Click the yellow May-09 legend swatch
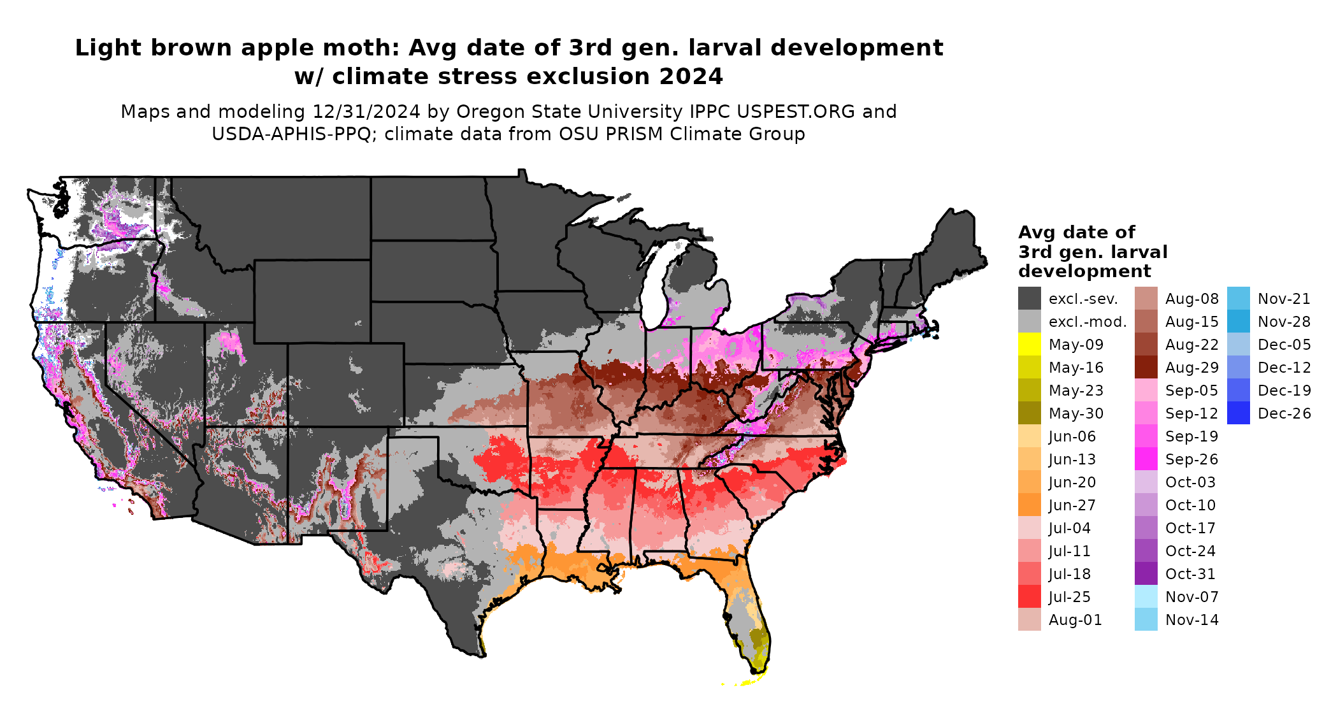pos(1029,345)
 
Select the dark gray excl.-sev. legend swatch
pos(1029,299)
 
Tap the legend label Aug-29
pos(1191,368)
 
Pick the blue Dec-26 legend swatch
pos(1238,413)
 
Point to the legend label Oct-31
pos(1190,574)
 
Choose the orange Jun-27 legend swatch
pos(1029,505)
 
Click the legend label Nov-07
pos(1191,597)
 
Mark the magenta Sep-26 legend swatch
pos(1146,459)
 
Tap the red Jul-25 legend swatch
pos(1029,597)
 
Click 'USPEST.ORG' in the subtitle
pos(796,112)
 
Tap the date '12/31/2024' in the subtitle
pos(366,112)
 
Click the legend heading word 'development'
pos(1084,271)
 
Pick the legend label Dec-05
pos(1284,345)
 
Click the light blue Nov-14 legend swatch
pos(1146,620)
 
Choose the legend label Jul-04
pos(1069,528)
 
